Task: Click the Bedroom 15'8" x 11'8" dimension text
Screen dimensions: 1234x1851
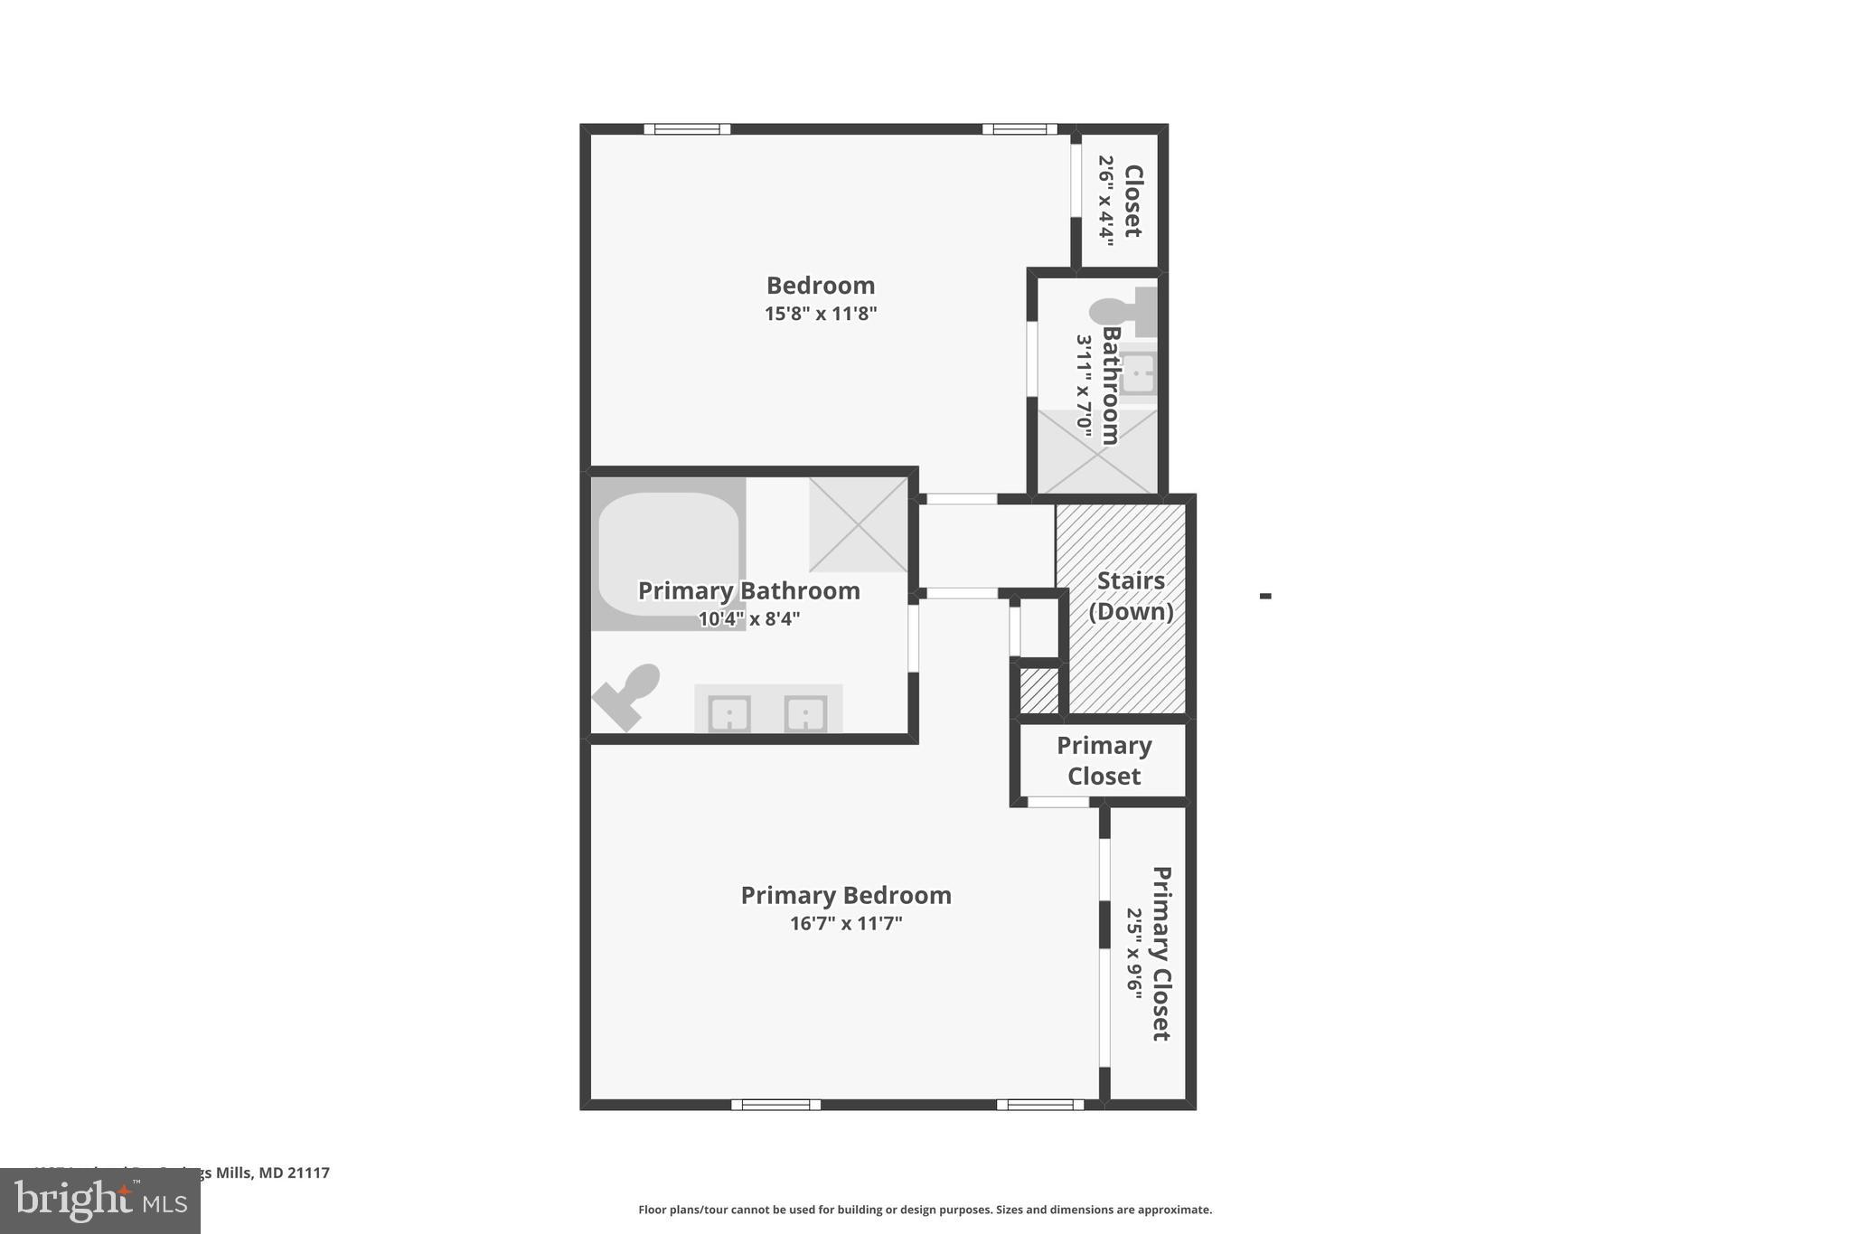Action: (x=821, y=314)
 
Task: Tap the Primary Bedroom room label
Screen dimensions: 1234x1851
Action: (x=846, y=895)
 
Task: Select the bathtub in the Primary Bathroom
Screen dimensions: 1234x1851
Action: (x=667, y=551)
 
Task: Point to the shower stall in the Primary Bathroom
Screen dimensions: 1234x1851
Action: (x=858, y=524)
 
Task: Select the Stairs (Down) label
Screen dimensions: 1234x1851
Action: (x=1131, y=596)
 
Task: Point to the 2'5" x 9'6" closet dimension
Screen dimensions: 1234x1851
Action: (x=1135, y=953)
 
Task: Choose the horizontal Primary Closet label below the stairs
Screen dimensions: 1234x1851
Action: (x=1104, y=760)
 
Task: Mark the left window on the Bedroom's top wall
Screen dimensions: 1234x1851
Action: (x=687, y=129)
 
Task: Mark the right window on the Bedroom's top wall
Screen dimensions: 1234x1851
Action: (x=1019, y=129)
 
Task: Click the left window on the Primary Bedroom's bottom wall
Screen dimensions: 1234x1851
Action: (x=775, y=1104)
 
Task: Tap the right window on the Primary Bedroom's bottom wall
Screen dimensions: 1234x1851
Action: (x=1039, y=1104)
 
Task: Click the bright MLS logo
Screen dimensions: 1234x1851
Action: (x=99, y=1201)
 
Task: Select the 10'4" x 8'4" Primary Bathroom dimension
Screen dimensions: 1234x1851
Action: (x=749, y=619)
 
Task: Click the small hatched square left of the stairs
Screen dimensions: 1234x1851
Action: (x=1038, y=691)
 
